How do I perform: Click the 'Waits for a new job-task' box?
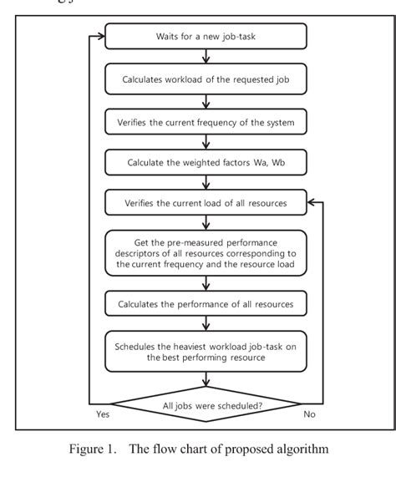coord(206,38)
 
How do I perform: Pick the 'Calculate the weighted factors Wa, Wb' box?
coord(206,160)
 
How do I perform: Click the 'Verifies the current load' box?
coord(206,201)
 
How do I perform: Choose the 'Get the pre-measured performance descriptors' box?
coord(206,251)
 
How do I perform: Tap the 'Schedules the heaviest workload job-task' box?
coord(206,350)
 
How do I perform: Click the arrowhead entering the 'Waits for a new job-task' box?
coord(100,38)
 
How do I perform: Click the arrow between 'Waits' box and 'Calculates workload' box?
coord(206,58)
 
